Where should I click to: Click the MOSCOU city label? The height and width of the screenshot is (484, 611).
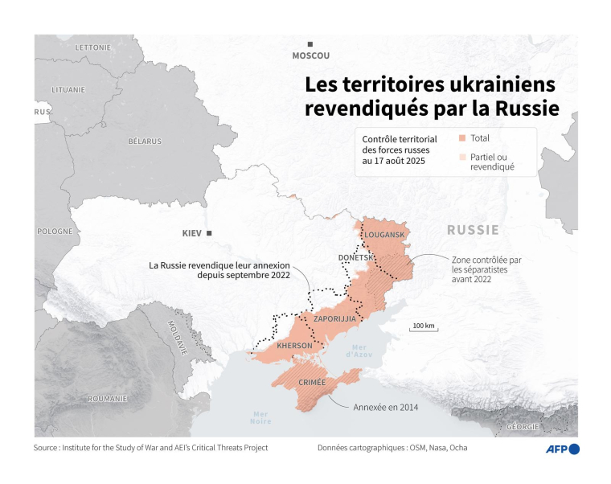310,55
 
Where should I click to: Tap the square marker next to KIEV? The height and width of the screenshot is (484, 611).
209,233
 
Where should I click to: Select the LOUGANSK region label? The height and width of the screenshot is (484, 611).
384,234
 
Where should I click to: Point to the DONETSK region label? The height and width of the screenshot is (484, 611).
355,257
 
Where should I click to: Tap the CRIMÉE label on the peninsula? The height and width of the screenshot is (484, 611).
312,383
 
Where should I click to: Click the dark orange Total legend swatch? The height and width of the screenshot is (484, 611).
461,138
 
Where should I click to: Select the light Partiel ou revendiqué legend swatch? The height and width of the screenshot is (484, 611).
461,158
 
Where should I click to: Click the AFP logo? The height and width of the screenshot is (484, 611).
563,449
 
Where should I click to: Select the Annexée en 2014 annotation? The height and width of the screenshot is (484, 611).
385,407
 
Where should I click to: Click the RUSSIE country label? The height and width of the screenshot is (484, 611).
473,230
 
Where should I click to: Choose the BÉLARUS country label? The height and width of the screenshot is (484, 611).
145,141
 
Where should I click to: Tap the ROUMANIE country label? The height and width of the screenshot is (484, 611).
107,399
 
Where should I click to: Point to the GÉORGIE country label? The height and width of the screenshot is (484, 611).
523,427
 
